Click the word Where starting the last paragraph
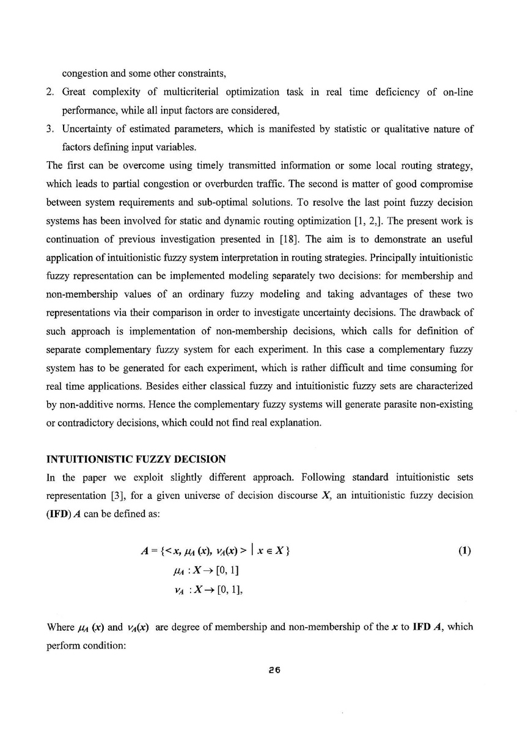point(61,628)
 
